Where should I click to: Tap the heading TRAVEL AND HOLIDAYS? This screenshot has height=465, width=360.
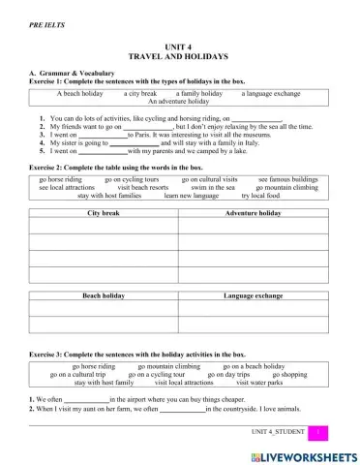tap(180, 57)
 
